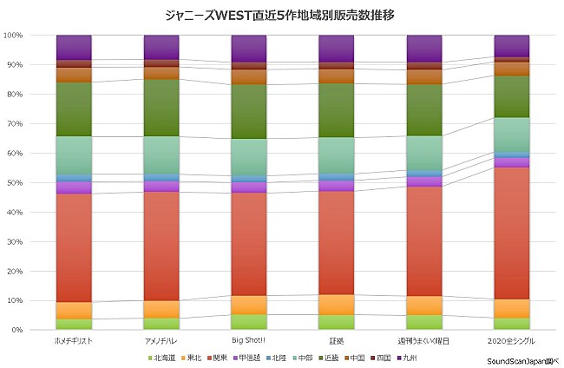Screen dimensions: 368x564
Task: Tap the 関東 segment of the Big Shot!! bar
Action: (249, 243)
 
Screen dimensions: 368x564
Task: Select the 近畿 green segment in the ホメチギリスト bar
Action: (74, 108)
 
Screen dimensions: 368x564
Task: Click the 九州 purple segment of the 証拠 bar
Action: (336, 48)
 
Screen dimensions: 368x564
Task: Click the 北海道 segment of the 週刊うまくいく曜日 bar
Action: (423, 322)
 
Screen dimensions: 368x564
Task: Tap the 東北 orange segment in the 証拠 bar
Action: (336, 305)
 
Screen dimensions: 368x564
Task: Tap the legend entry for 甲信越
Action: (250, 358)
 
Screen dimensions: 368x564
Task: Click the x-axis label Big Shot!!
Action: (249, 341)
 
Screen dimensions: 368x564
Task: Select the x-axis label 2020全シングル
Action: (511, 341)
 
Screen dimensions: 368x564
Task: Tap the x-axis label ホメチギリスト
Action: (74, 341)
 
